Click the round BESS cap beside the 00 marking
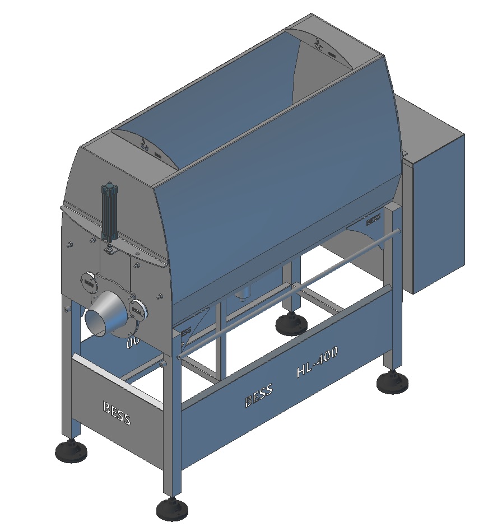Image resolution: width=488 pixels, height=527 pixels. coord(137,308)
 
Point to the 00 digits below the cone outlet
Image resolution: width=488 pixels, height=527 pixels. coord(133,343)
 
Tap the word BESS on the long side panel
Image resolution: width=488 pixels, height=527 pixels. coord(258,396)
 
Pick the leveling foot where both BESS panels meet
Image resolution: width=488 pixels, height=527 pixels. coord(173,509)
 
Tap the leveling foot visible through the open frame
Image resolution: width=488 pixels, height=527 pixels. coord(291,324)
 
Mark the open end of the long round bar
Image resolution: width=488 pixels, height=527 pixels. coord(179,356)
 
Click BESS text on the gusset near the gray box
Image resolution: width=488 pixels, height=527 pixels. coord(374,220)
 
